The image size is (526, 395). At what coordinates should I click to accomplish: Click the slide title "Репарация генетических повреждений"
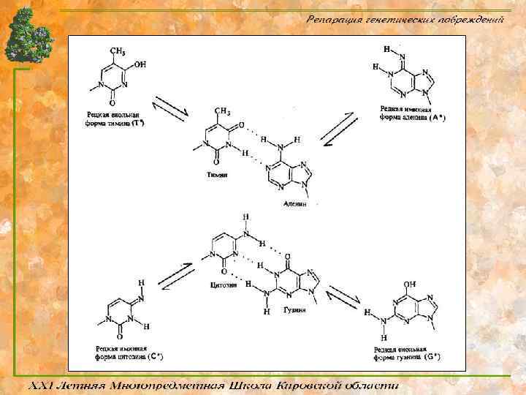pos(405,19)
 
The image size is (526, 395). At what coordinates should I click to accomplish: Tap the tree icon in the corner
pos(28,36)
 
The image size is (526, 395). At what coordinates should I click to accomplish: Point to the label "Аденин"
pos(295,204)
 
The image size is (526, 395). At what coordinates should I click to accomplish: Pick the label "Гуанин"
pos(294,310)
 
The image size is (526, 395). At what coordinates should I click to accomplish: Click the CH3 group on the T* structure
pos(118,50)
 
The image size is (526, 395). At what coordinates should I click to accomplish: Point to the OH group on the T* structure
pos(140,64)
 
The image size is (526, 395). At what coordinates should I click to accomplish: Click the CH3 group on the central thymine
pos(223,111)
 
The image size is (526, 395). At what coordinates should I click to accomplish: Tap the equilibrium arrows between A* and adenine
pos(340,129)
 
